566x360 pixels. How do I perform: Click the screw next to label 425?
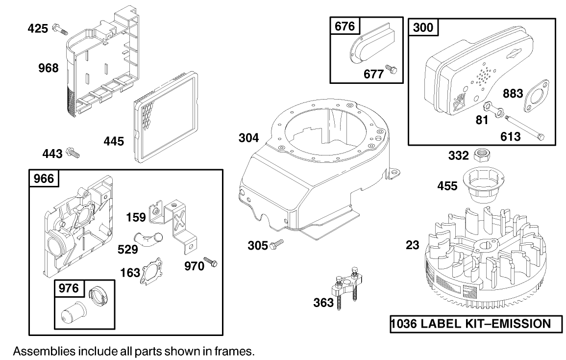(60, 29)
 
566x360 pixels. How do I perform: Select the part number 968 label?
(49, 68)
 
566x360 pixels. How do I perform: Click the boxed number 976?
(69, 288)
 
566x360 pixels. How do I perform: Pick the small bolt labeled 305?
(277, 244)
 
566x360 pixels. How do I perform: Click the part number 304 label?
(249, 138)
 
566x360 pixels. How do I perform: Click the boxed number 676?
(345, 26)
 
